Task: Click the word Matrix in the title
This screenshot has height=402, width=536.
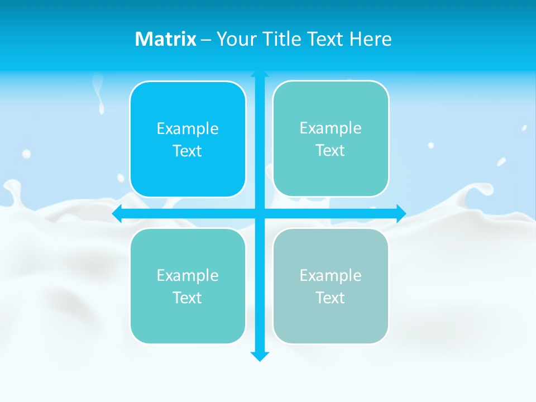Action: coord(166,39)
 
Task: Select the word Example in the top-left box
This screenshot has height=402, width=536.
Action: coord(188,128)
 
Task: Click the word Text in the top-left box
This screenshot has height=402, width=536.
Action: coord(188,151)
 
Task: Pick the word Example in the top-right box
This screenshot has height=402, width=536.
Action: coord(331,128)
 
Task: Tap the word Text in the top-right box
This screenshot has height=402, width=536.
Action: coord(331,150)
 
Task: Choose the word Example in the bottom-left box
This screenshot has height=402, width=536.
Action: coord(188,275)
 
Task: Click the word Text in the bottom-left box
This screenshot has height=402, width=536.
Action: coord(188,298)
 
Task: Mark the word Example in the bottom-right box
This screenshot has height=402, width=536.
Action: coord(331,275)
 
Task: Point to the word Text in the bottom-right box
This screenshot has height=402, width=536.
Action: coord(331,298)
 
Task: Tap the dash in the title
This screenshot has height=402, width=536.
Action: coord(206,40)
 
